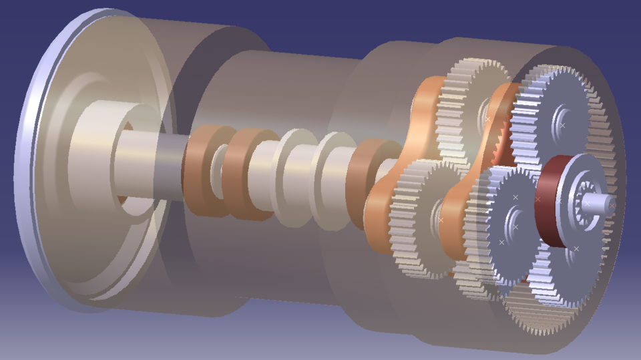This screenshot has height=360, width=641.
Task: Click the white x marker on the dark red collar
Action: pyautogui.click(x=538, y=198)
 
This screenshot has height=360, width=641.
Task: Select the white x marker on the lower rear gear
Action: pyautogui.click(x=441, y=219)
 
